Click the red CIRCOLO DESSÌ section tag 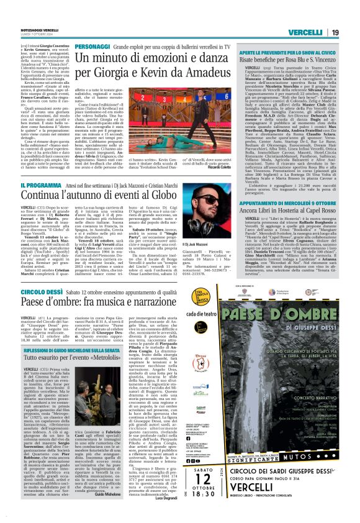point(40,290)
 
